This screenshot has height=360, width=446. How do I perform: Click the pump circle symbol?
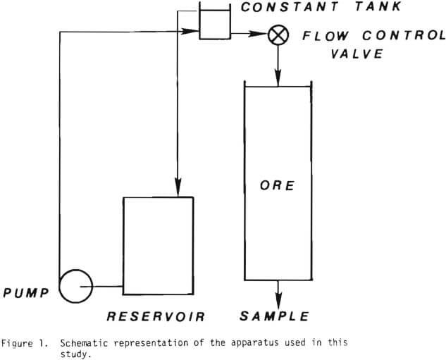tap(76, 287)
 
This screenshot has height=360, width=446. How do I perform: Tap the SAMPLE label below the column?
tap(274, 316)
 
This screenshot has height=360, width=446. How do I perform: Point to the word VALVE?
tap(357, 54)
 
